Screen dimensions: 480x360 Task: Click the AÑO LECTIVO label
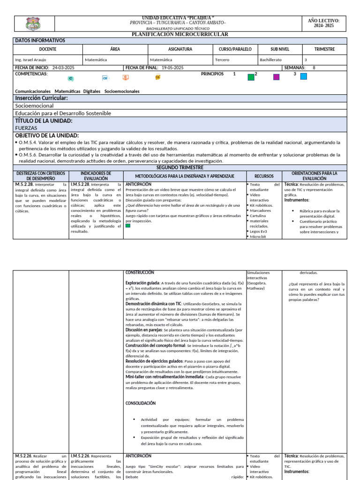coord(323,21)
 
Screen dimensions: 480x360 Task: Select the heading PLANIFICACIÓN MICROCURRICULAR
coord(180,34)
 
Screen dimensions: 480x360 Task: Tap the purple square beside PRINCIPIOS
coord(276,77)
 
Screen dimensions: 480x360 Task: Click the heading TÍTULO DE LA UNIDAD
coord(44,120)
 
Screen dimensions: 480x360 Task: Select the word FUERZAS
coord(26,127)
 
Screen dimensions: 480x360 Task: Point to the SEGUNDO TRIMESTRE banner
coord(180,167)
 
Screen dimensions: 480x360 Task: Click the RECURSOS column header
coord(264,176)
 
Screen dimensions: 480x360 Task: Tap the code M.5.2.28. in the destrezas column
coord(23,185)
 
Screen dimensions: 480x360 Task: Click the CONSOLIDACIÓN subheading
coord(141,403)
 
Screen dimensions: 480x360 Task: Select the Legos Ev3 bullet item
coord(258,232)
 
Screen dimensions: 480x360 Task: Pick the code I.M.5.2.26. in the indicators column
coord(80,456)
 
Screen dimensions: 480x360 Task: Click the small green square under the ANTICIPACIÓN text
coord(128,225)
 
